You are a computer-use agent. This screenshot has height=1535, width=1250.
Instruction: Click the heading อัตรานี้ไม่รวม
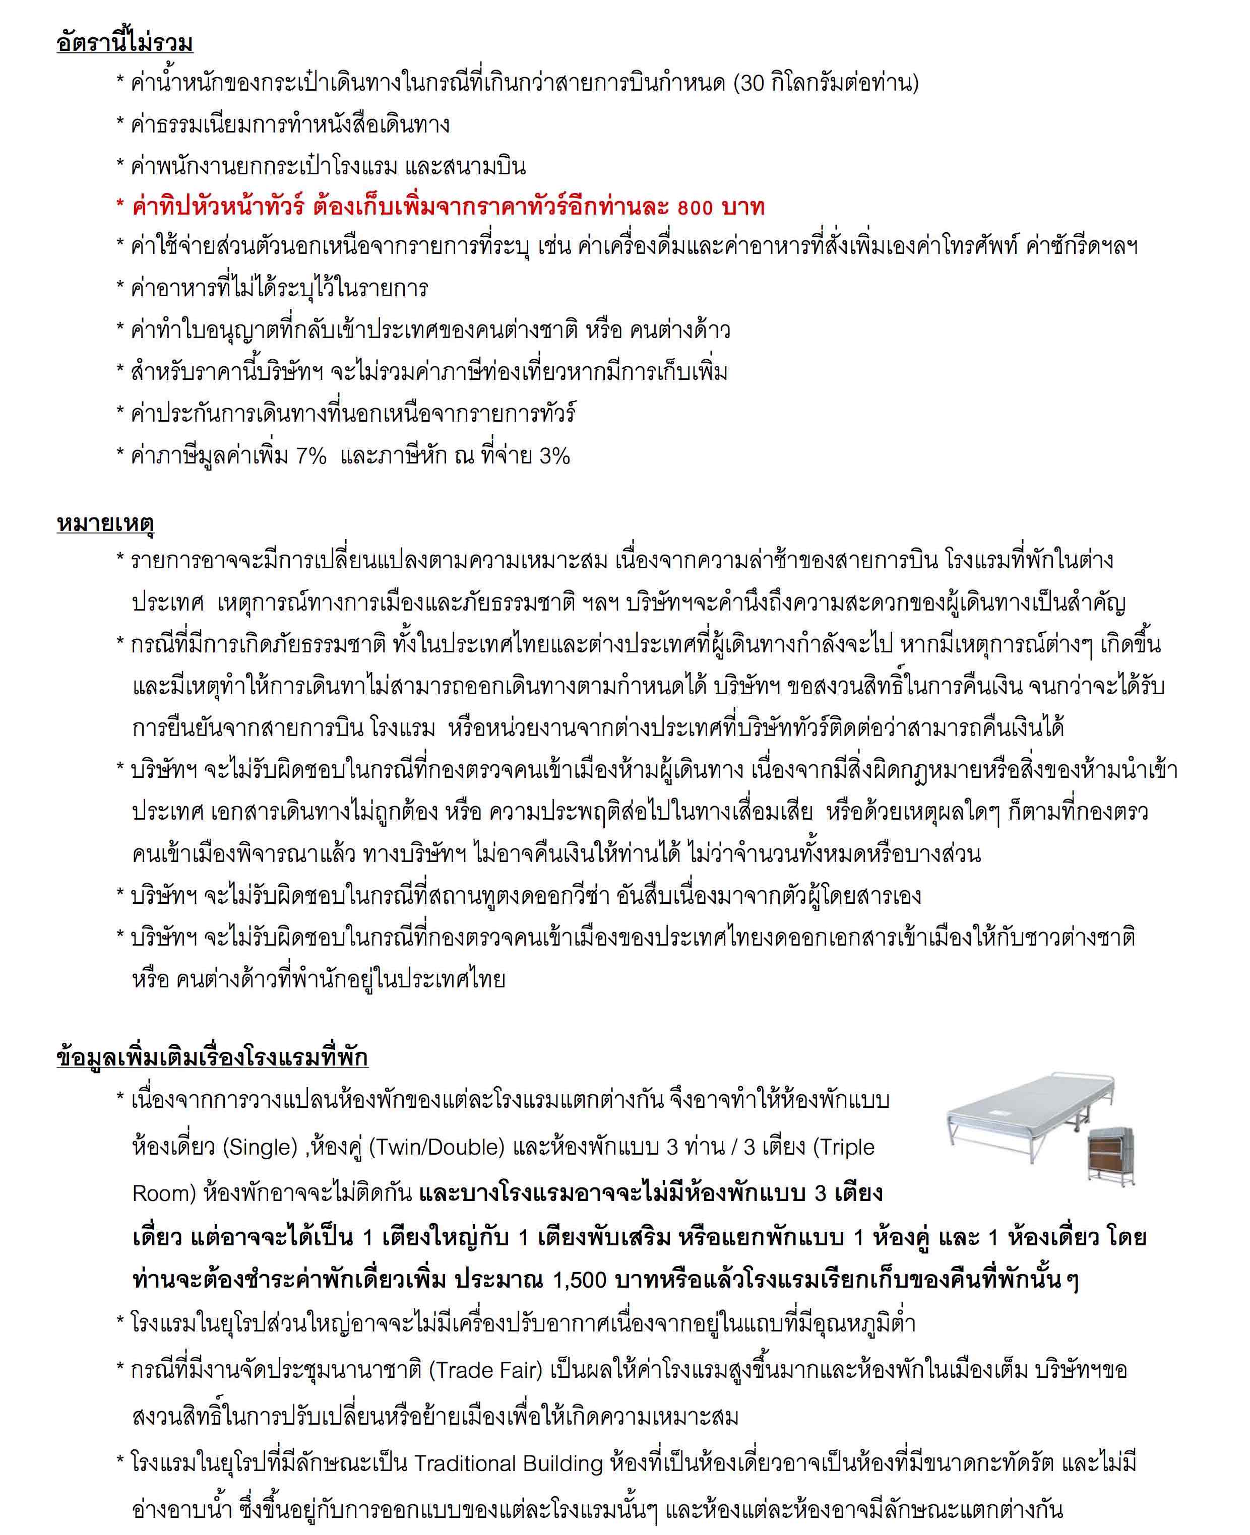coord(124,43)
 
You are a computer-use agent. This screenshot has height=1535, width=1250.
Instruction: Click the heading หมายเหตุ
coord(105,523)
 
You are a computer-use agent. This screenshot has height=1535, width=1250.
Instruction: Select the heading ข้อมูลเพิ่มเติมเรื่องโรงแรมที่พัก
coord(212,1057)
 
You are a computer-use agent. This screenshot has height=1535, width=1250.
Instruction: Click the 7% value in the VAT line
coord(311,456)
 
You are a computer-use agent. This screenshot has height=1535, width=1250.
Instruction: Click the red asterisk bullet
coord(120,209)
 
